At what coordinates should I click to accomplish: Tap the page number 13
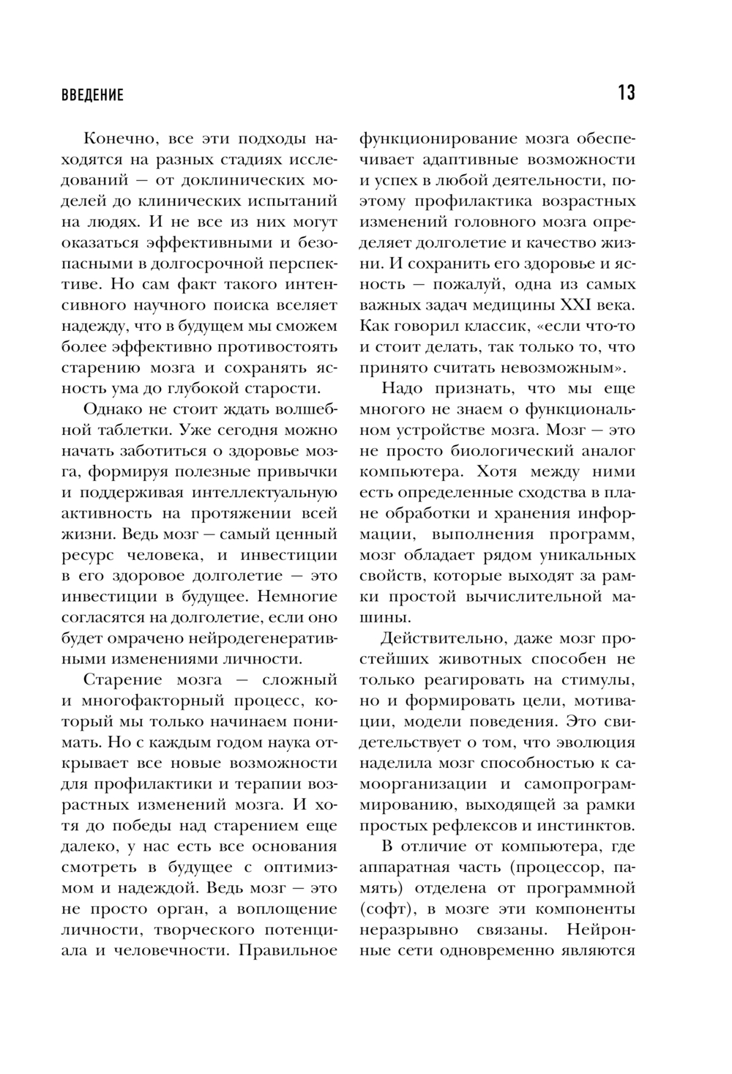coord(626,93)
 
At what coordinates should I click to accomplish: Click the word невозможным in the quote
coord(565,367)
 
